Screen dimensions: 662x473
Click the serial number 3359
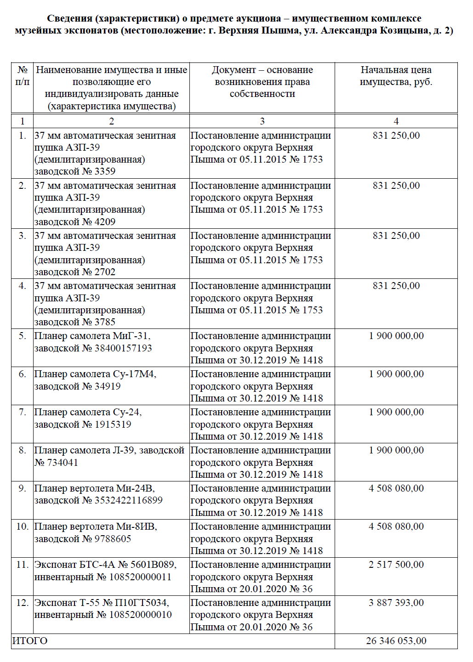tap(105, 171)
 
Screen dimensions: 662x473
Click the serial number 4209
tap(105, 221)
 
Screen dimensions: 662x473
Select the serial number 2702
tap(105, 272)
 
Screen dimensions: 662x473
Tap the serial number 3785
tap(105, 322)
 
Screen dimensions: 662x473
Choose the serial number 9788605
tap(113, 538)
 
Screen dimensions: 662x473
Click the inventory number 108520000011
tap(140, 577)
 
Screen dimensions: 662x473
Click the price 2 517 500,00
tap(396, 565)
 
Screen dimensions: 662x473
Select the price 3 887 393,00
tap(396, 603)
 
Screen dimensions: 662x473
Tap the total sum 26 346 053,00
tap(396, 641)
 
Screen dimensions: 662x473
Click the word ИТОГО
tap(30, 641)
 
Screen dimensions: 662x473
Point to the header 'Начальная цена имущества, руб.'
tap(396, 76)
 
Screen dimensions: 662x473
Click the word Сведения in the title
tap(69, 18)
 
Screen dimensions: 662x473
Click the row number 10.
tap(22, 526)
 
